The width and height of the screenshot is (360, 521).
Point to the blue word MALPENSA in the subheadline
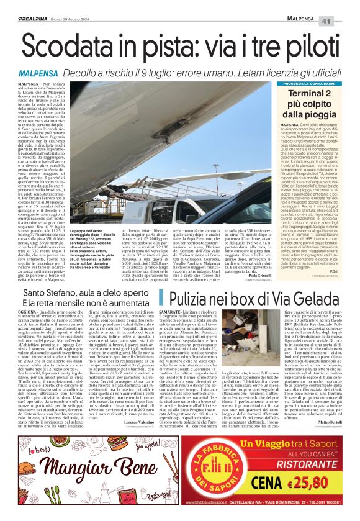[39, 73]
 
